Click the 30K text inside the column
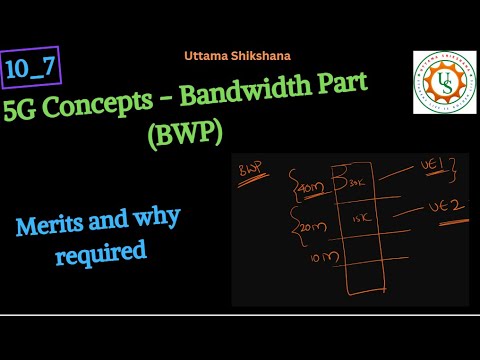356,184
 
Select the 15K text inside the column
359,220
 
